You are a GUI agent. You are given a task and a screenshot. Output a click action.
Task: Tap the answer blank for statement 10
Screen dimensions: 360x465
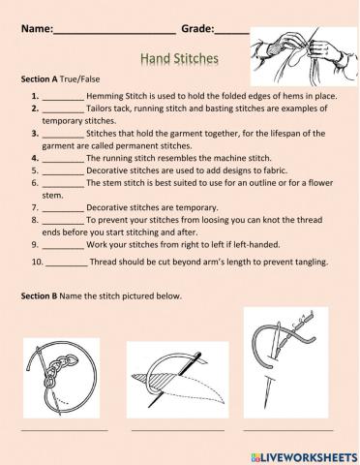(x=66, y=262)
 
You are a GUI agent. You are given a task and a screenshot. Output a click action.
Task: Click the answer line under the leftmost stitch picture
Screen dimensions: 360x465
(x=63, y=428)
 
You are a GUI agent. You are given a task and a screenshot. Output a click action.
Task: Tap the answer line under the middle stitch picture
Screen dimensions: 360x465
(x=177, y=428)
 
